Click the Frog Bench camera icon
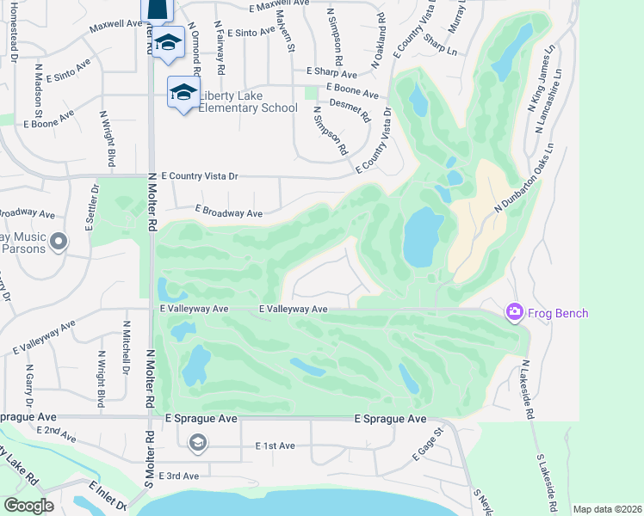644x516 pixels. point(515,311)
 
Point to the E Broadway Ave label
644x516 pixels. point(228,211)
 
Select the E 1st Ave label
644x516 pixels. point(276,446)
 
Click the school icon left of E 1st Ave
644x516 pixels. point(197,443)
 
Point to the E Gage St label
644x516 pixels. point(428,443)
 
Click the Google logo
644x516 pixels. point(28,506)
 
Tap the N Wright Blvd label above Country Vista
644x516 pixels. point(108,138)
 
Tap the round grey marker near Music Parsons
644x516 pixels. point(59,242)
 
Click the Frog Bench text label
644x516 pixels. point(559,313)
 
